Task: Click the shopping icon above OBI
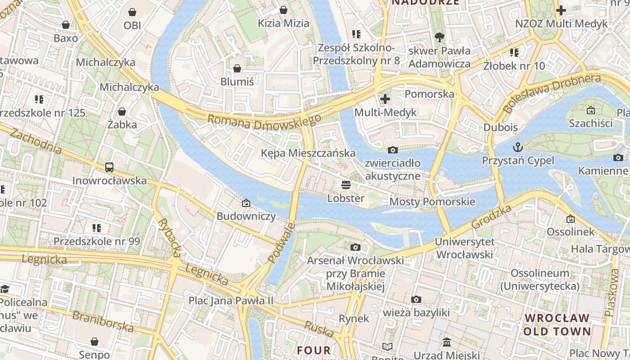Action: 132,12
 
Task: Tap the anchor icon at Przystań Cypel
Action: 518,147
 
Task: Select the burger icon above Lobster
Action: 346,184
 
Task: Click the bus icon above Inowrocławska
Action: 109,167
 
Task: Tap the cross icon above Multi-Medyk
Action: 385,99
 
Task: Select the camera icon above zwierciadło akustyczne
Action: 392,150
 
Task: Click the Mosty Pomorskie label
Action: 432,202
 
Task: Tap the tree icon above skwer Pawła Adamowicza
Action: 439,37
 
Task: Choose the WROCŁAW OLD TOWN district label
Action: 557,324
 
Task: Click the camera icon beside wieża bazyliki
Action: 416,299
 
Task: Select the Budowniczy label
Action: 246,216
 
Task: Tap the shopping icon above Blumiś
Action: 237,68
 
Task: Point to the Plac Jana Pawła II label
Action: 230,300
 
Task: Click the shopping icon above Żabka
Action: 122,112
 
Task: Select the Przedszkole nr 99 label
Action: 97,241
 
